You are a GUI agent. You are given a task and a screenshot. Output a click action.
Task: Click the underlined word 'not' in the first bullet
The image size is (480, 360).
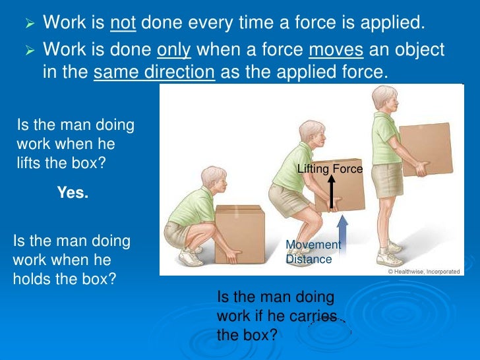click(123, 24)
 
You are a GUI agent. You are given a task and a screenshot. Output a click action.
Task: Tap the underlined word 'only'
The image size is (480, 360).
click(172, 50)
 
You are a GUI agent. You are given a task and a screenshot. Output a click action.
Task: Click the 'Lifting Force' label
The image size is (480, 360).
click(330, 169)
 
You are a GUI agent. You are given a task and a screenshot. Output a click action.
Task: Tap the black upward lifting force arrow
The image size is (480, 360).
click(331, 191)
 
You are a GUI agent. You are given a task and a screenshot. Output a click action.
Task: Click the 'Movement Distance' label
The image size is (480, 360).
click(313, 252)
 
